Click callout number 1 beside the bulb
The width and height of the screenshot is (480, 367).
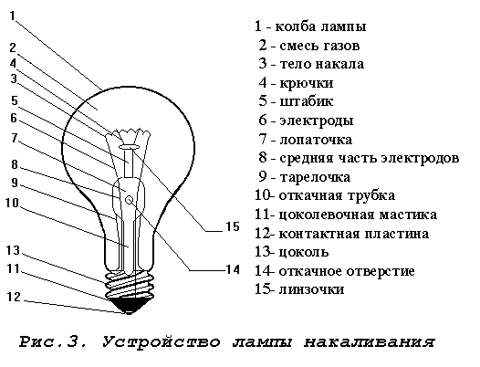click(12, 16)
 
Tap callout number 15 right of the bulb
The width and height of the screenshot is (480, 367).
click(233, 226)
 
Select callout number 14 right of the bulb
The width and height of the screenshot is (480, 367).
click(233, 269)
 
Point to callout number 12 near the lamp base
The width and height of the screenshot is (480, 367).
click(14, 297)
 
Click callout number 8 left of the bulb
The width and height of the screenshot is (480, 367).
click(15, 164)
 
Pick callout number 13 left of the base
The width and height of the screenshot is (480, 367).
click(13, 250)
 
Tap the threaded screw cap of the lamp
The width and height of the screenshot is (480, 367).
click(130, 283)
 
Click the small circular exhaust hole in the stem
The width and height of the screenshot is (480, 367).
click(130, 200)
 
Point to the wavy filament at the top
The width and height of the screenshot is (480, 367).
click(131, 134)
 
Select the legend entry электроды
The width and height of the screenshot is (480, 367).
click(317, 121)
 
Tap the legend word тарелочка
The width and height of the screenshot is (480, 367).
click(315, 177)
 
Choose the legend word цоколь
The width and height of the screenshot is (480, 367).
click(304, 253)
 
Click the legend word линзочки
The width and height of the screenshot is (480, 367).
click(311, 289)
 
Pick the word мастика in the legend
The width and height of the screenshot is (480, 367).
click(408, 215)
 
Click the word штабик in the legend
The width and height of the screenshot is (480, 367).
click(306, 101)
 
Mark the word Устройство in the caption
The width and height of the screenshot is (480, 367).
click(161, 341)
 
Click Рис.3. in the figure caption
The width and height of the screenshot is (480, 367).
click(53, 341)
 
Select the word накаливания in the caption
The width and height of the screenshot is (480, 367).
click(370, 341)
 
